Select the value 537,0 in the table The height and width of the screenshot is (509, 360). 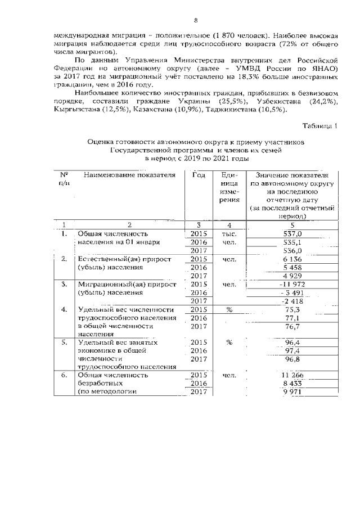(292, 233)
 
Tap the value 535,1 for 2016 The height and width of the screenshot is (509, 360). (292, 242)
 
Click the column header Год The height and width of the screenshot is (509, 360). (199, 175)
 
